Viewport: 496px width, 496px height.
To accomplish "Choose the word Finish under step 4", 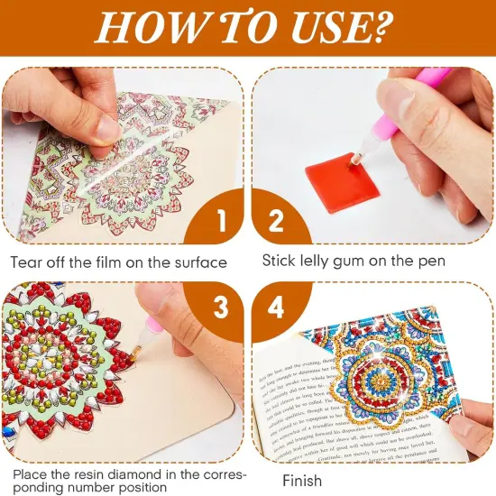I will click(x=302, y=481).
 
